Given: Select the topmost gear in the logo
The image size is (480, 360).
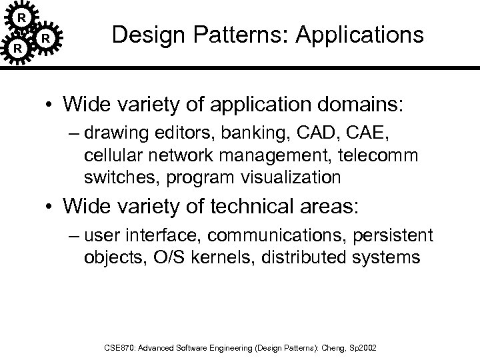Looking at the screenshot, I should click(23, 15).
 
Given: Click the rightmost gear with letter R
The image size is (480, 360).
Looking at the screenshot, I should click(45, 39).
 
